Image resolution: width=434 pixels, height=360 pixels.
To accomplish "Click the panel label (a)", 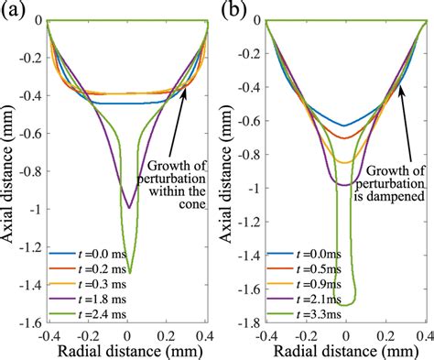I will pos(12,10).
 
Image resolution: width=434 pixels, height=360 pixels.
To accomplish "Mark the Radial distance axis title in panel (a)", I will pos(127,350).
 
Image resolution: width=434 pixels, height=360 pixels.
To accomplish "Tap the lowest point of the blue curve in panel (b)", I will pos(344,125).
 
